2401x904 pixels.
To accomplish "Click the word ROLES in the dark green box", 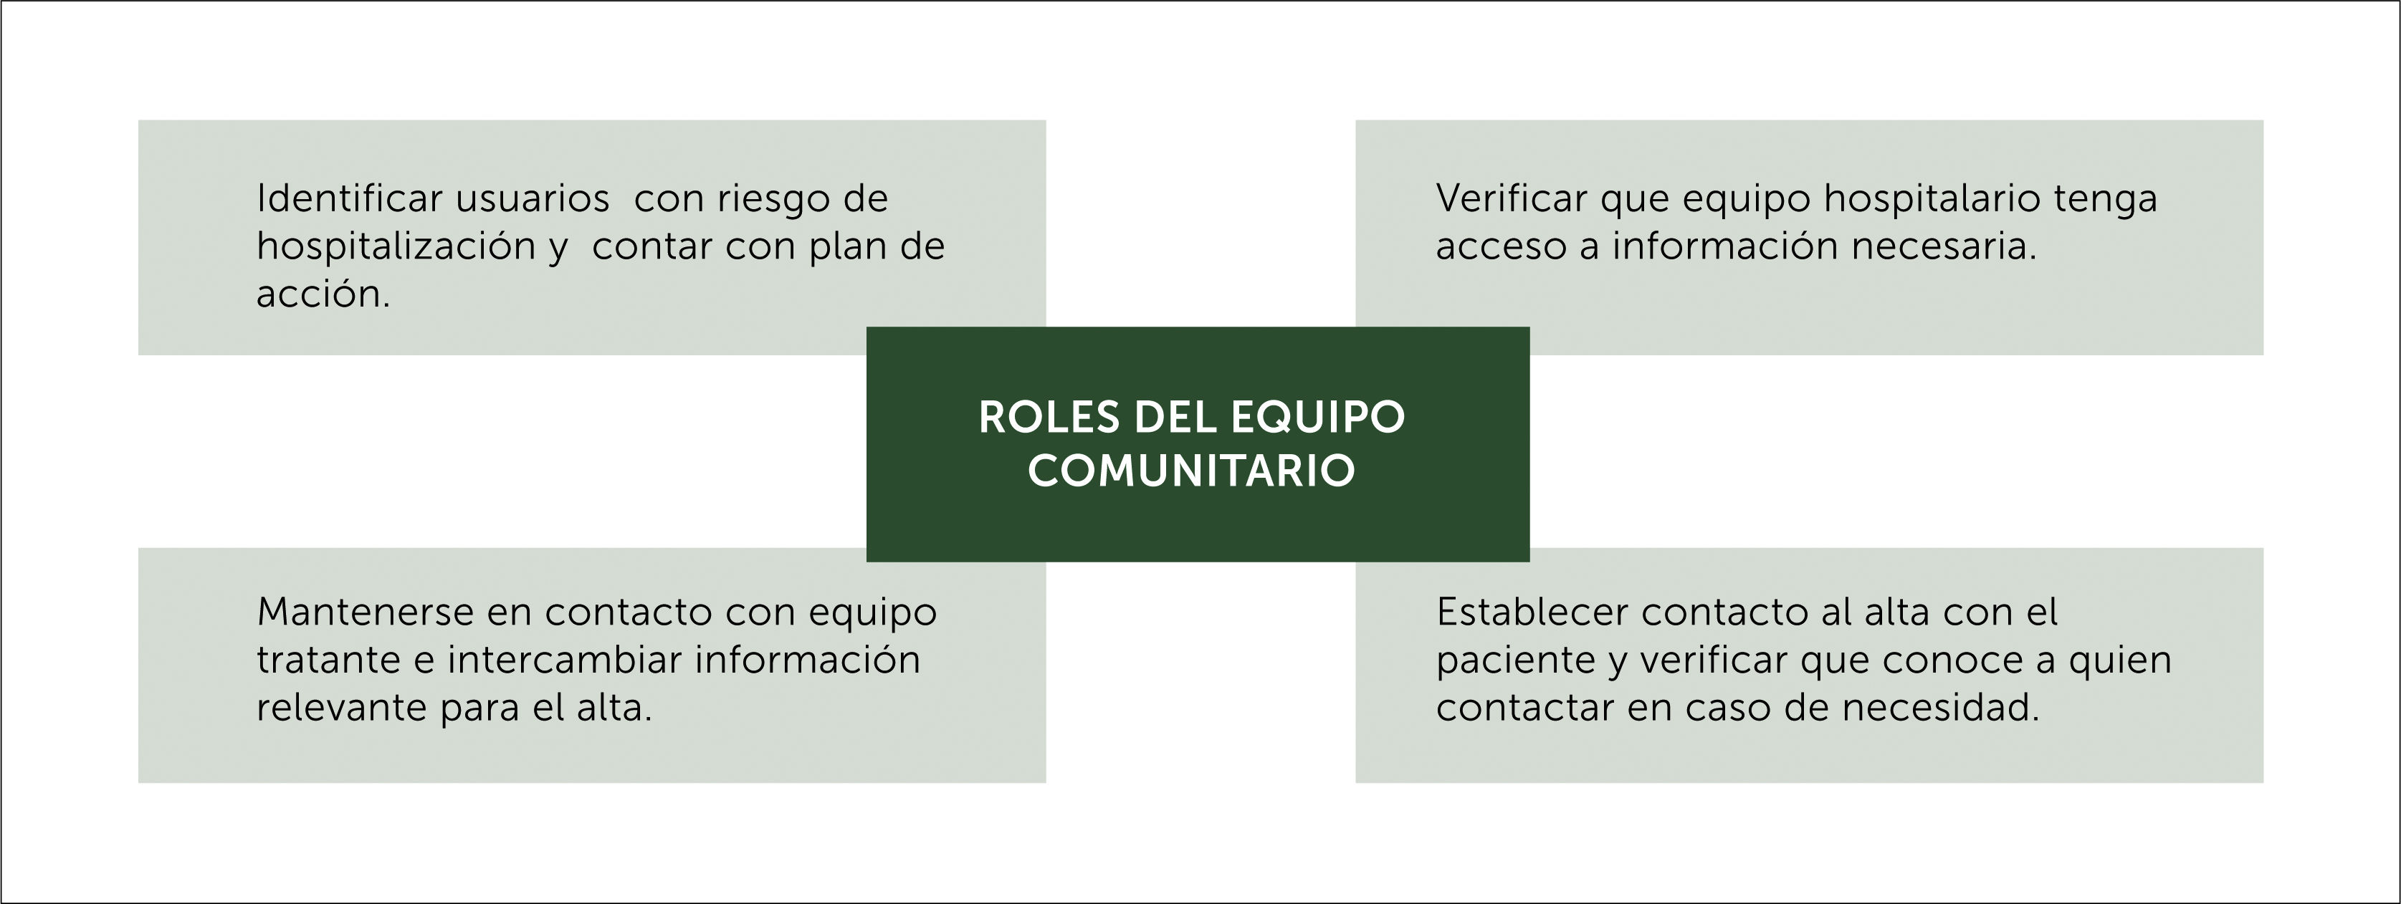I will [1049, 418].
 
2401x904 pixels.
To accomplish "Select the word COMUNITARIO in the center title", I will [1191, 471].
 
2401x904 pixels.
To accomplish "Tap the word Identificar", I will [350, 198].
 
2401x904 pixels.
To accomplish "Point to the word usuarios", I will [533, 198].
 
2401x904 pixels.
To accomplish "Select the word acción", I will [323, 294].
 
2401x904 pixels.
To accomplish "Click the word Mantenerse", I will [366, 612].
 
